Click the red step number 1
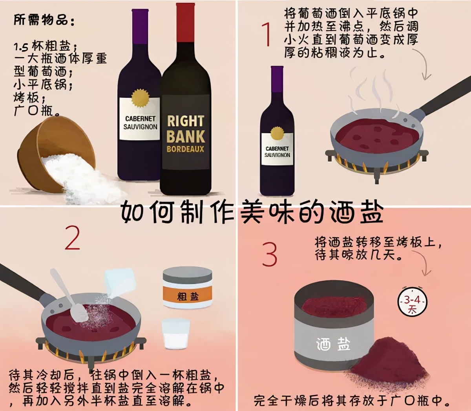[x=267, y=34]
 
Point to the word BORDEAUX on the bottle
[x=185, y=149]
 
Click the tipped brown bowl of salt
[x=55, y=149]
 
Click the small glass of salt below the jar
[x=175, y=333]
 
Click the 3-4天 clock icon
[x=412, y=303]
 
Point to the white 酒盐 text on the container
[x=333, y=344]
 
